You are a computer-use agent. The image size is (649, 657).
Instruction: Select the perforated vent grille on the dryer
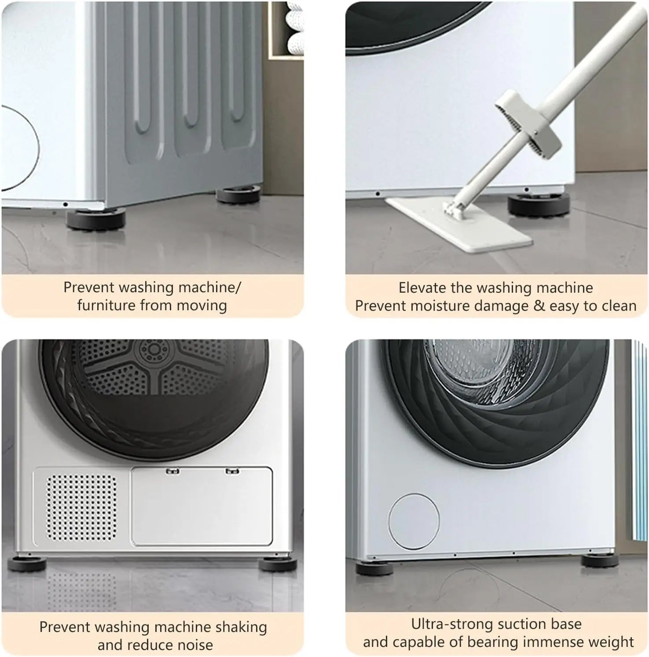(82, 508)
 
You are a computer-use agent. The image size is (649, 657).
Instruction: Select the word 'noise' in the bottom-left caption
(194, 645)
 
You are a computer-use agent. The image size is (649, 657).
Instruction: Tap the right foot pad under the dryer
(274, 564)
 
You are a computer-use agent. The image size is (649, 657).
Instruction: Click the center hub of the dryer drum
(154, 350)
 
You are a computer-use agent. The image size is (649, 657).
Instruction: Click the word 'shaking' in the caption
(243, 627)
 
